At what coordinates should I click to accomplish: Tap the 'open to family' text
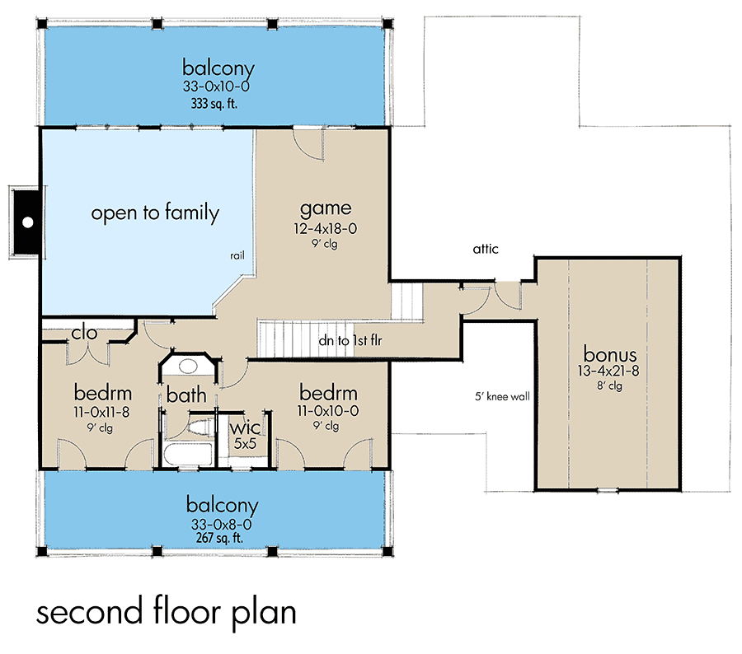click(155, 213)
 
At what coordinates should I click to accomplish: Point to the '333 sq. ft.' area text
click(218, 104)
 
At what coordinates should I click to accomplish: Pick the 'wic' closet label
click(244, 428)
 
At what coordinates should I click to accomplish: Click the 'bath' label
click(186, 396)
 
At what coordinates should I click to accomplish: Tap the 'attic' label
click(486, 249)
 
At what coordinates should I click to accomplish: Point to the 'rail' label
click(237, 256)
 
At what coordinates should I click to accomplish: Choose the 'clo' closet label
click(85, 334)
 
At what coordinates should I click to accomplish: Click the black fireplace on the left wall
click(26, 222)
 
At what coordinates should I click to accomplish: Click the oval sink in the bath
click(190, 367)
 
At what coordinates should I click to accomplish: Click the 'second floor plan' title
click(166, 614)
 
